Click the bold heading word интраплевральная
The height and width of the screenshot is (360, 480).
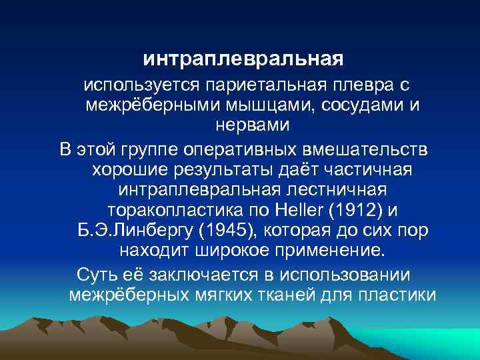tap(243, 60)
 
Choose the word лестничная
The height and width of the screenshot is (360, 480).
tap(348, 190)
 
